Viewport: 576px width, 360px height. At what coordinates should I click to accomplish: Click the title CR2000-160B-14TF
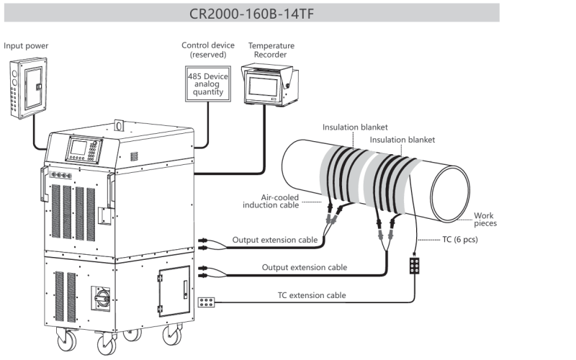click(x=250, y=13)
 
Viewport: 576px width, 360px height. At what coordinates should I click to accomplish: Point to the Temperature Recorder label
click(x=271, y=50)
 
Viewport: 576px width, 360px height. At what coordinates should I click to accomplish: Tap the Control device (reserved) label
click(x=208, y=50)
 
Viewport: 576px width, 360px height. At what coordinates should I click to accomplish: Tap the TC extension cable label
click(x=312, y=295)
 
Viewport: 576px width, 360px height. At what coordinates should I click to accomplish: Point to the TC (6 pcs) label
click(x=458, y=239)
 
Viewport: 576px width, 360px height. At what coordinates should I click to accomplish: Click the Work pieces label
click(x=485, y=220)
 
